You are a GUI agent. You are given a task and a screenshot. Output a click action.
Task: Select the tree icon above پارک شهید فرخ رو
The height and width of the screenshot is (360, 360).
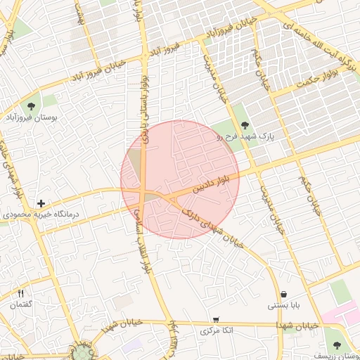point(245,124)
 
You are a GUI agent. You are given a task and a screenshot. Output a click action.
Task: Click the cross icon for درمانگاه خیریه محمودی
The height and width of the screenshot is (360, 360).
point(41,203)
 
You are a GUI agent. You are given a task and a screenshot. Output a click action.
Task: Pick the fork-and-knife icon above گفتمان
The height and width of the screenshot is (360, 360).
point(20,293)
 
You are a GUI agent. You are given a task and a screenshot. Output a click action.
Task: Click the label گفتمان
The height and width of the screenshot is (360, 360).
point(20,304)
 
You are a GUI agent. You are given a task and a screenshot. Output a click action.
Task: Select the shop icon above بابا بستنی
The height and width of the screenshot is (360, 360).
point(283,294)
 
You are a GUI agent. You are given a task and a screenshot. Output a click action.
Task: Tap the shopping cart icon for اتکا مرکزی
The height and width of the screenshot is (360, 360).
point(216,319)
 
